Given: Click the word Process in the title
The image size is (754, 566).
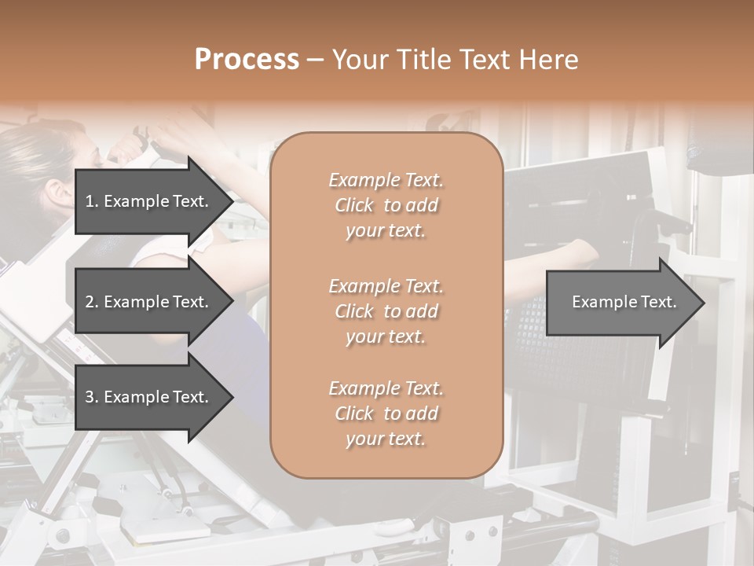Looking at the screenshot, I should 247,60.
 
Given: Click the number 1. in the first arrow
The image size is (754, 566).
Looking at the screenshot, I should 91,201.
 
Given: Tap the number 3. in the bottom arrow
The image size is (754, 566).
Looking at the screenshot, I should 91,397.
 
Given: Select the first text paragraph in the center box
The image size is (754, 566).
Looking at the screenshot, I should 386,205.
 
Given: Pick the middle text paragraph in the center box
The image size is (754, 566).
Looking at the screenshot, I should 386,311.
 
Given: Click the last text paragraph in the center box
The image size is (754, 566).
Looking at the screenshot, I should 386,413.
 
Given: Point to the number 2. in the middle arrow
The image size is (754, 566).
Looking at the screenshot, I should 91,302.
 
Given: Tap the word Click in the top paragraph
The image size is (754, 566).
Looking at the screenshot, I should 354,205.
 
